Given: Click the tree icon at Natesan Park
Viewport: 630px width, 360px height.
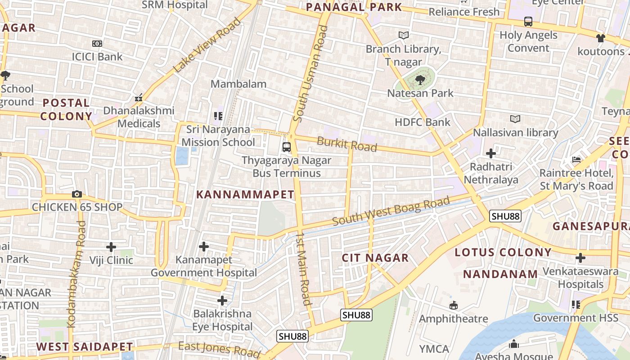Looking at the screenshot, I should tap(420, 80).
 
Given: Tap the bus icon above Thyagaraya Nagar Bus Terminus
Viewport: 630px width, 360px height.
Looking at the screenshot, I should tap(287, 147).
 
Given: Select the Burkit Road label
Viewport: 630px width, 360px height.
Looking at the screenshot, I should tap(346, 144).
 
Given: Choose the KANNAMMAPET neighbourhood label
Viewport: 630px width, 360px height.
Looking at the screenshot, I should tap(245, 194).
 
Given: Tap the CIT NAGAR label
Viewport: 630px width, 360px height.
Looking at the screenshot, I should tap(375, 258).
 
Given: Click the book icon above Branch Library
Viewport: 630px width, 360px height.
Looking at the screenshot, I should tap(404, 35).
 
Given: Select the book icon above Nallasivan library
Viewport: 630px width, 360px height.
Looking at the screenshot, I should tap(515, 119).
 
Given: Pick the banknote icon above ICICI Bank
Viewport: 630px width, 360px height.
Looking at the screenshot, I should tap(97, 44).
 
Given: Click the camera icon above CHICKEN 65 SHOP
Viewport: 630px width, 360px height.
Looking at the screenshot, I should tap(77, 194).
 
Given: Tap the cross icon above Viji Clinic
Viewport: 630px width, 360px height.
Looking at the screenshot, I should tap(111, 247).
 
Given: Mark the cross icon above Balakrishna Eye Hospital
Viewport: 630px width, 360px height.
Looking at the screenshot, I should tap(222, 300).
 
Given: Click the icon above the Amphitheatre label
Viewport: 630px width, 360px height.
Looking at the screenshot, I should tap(454, 306).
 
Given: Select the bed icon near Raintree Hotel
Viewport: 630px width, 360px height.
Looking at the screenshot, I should tap(576, 160).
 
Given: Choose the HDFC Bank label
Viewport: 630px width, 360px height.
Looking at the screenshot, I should tap(422, 122).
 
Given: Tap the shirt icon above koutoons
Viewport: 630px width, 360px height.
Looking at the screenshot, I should tap(601, 38).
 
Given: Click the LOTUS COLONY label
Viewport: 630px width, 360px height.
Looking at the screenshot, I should tap(503, 252).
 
